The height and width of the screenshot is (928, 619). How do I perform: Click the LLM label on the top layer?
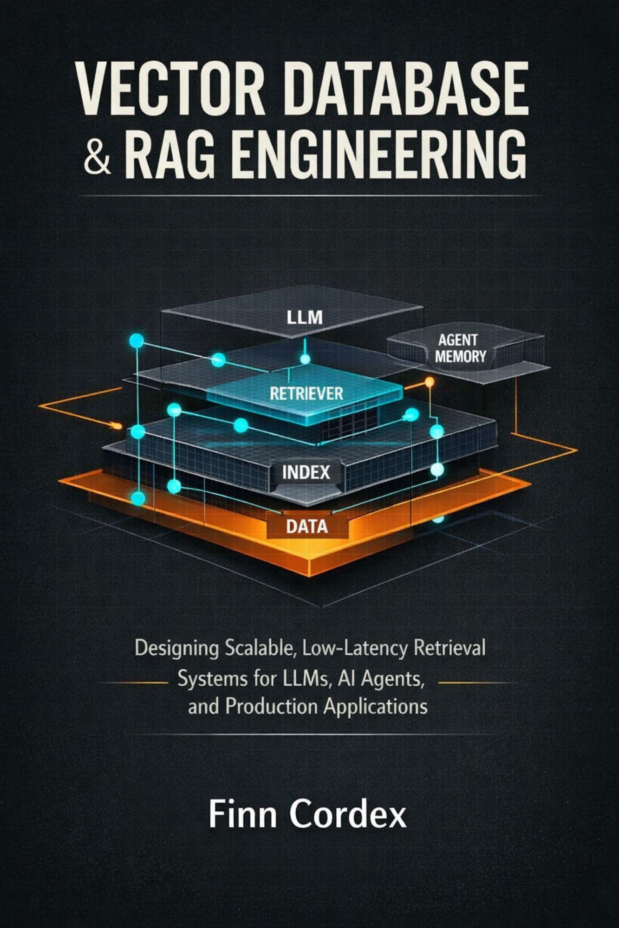(x=305, y=318)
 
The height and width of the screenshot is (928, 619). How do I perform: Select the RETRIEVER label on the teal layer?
(x=306, y=394)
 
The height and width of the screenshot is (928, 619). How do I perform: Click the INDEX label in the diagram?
(x=306, y=472)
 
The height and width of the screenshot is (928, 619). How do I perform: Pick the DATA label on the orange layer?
(x=307, y=526)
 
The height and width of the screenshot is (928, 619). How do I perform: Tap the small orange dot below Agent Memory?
(x=430, y=381)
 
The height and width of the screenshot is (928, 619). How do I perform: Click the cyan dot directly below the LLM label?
(x=305, y=359)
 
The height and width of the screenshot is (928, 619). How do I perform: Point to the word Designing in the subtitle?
(x=176, y=649)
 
